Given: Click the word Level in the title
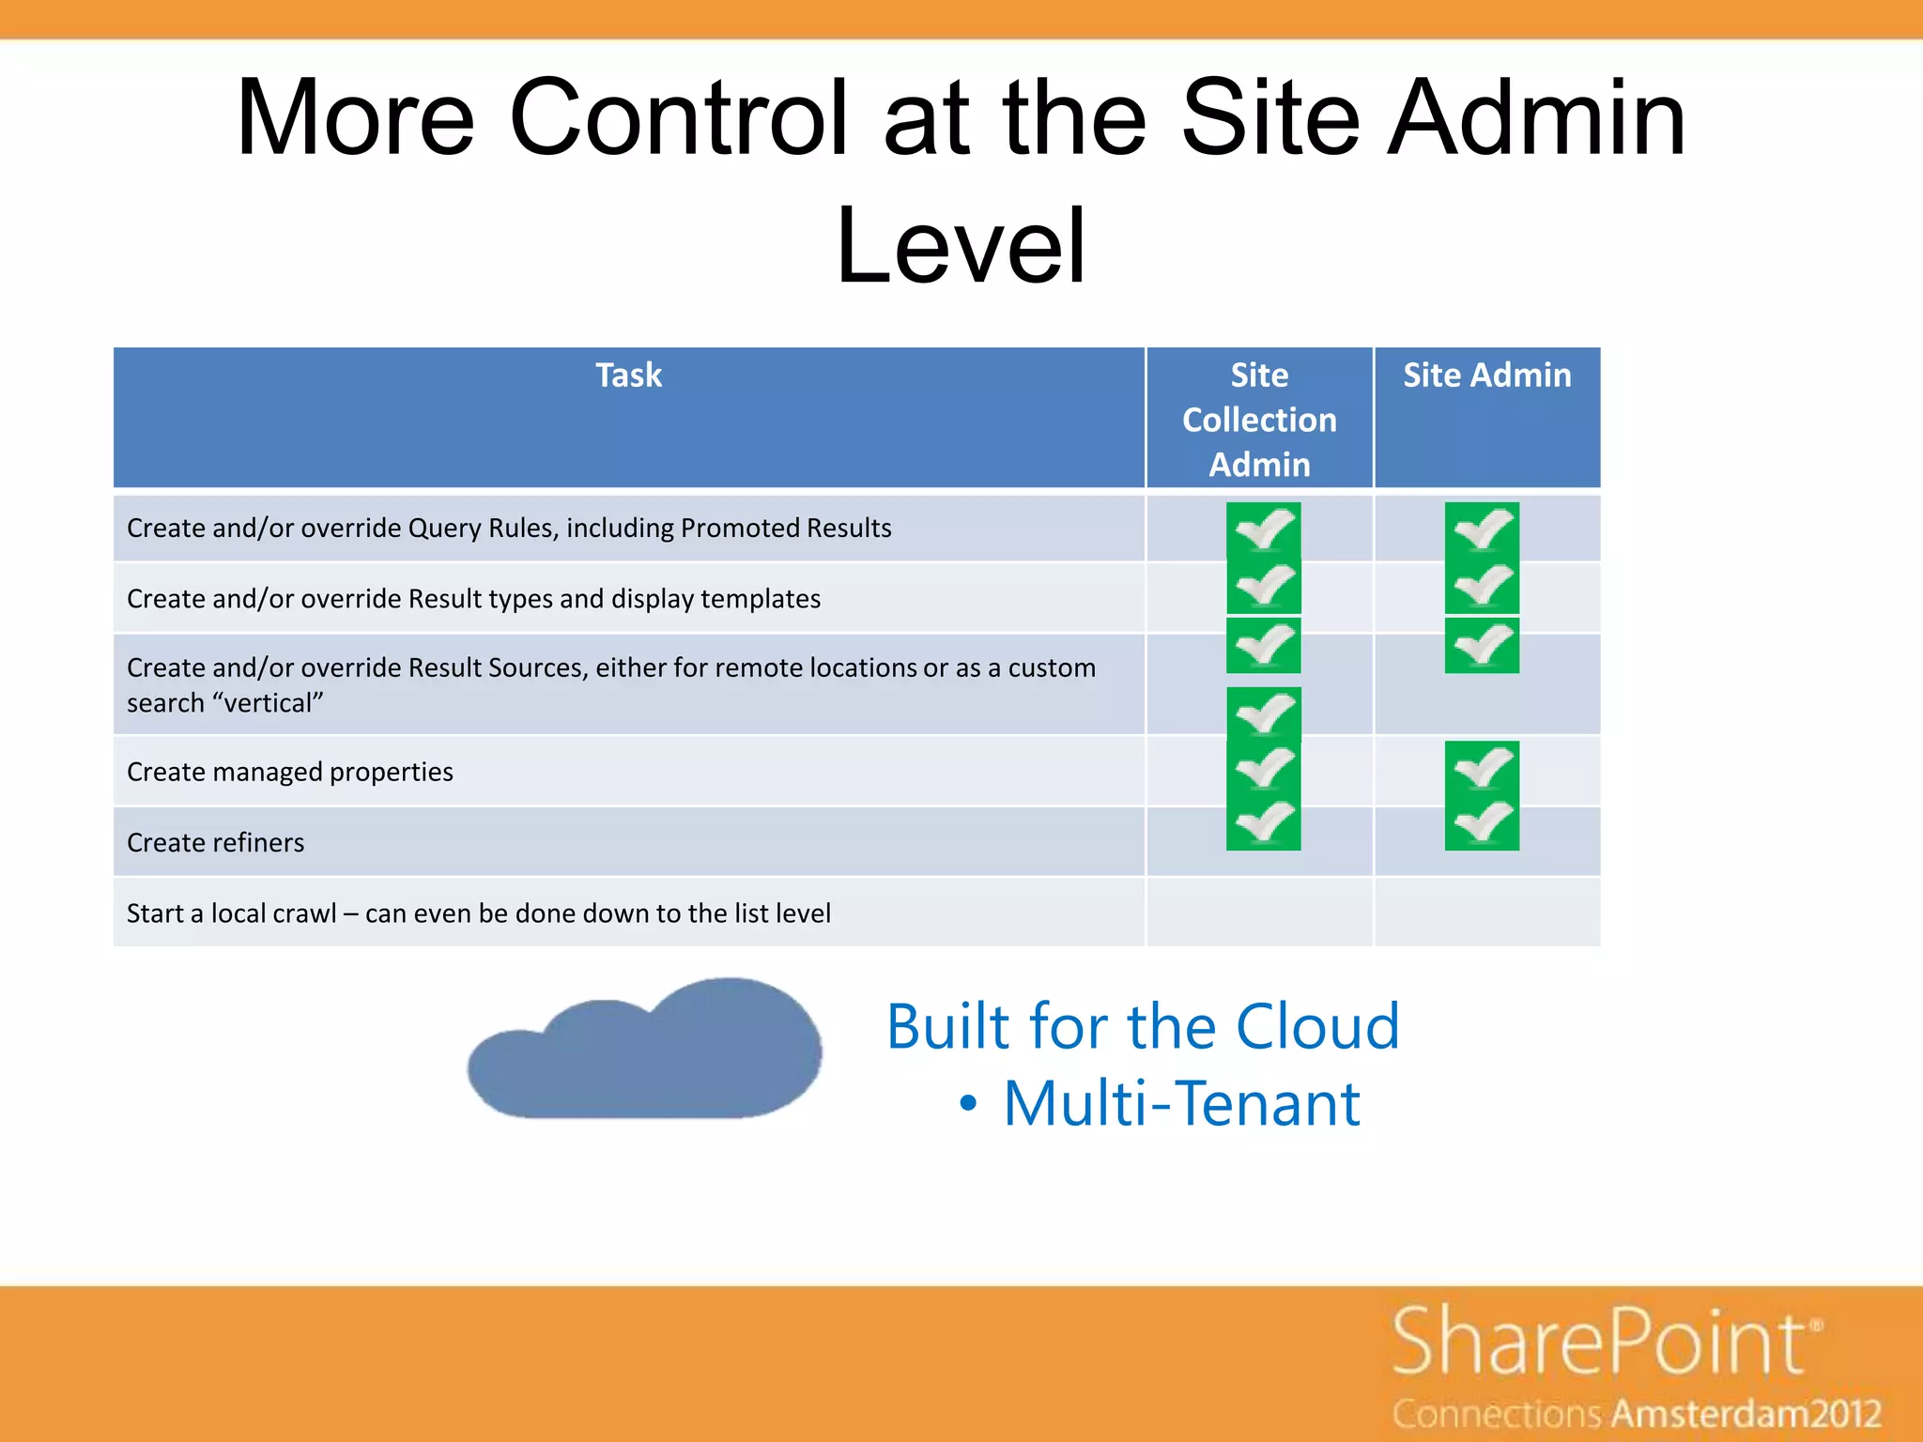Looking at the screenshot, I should click(x=961, y=246).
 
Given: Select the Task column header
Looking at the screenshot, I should click(x=628, y=376).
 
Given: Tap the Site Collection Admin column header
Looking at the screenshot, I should click(x=1259, y=419).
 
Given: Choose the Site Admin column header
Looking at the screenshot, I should click(x=1486, y=376).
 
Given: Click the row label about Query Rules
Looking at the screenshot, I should click(x=509, y=528).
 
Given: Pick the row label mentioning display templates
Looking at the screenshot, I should click(x=473, y=599).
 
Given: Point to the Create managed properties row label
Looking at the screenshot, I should click(x=289, y=772).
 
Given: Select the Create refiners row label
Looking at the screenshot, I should click(x=215, y=843).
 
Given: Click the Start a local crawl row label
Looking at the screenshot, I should click(x=478, y=913).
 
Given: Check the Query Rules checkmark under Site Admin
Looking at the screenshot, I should click(x=1482, y=530).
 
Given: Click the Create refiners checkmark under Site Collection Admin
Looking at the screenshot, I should click(x=1263, y=823).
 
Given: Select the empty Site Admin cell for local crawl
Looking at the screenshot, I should click(x=1486, y=913).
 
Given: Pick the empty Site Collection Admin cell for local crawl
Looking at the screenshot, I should click(x=1259, y=913).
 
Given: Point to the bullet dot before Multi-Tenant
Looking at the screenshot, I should click(x=968, y=1105).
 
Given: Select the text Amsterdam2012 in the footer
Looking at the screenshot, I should click(x=1747, y=1414).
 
